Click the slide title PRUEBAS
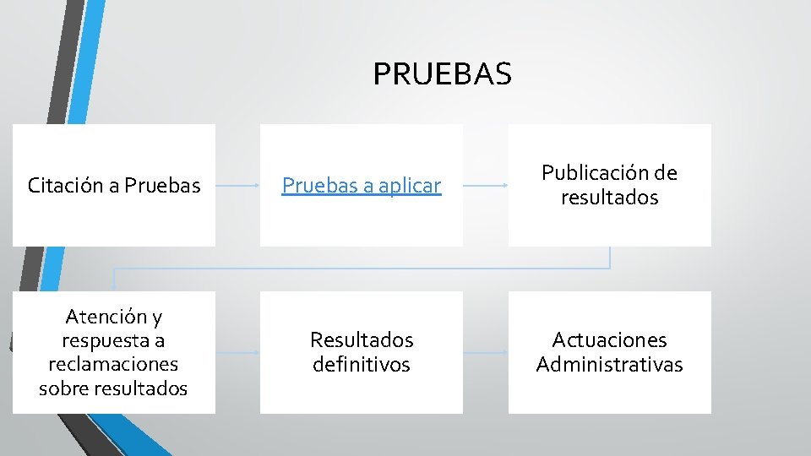click(442, 74)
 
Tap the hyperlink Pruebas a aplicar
click(362, 186)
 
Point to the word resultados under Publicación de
click(609, 198)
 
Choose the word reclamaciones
click(113, 365)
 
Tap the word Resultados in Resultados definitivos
click(362, 340)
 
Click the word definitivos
click(362, 365)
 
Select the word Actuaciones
click(609, 340)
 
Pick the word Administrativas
click(609, 365)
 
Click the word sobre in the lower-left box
click(62, 389)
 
